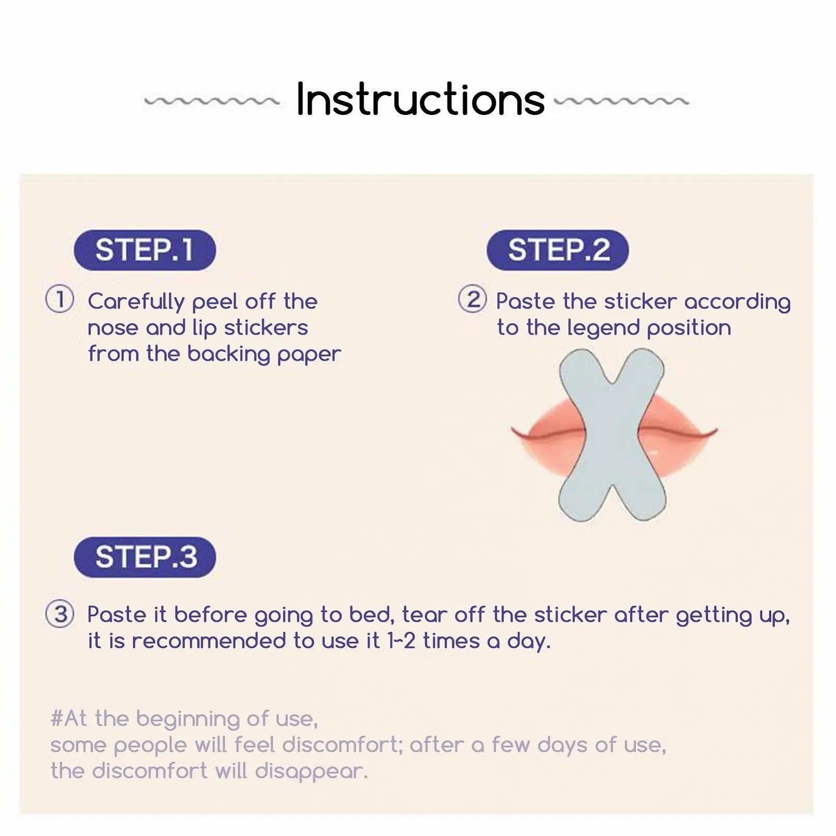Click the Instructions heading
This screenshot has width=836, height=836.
[x=420, y=99]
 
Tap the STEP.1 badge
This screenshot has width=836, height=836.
[x=145, y=250]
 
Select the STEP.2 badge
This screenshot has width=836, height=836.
[x=558, y=250]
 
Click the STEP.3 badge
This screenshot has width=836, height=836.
[x=145, y=557]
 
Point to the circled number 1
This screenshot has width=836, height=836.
[x=60, y=299]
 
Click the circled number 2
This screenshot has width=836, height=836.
[x=472, y=299]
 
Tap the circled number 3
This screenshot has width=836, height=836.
[x=60, y=613]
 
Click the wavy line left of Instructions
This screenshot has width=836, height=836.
[x=212, y=100]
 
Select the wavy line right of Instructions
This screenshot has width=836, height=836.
[x=621, y=100]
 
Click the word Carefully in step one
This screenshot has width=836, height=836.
[x=136, y=301]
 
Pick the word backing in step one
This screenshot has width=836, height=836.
[x=228, y=354]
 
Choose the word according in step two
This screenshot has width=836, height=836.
[x=737, y=302]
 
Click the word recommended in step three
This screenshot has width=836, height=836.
[x=208, y=641]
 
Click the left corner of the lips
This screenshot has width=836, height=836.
[x=513, y=430]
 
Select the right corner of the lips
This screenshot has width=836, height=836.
[x=715, y=431]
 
